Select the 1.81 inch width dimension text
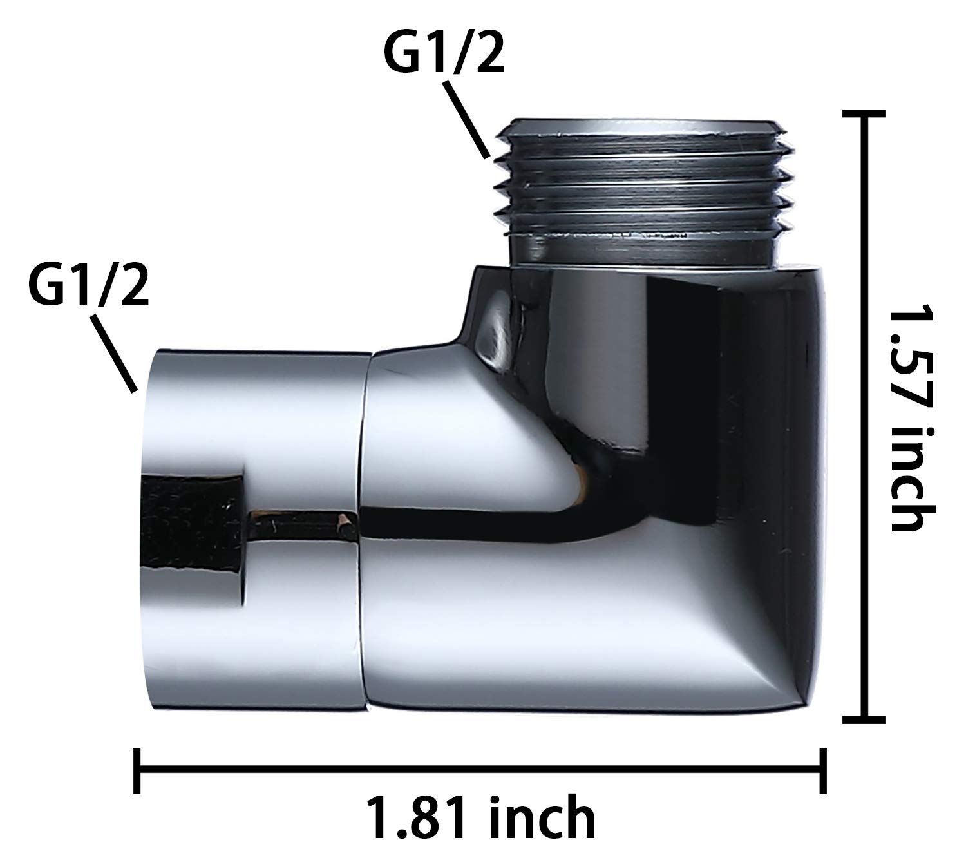click(481, 817)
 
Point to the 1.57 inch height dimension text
click(912, 419)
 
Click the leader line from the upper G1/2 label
click(466, 119)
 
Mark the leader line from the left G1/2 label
click(113, 353)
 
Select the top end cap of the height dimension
click(864, 113)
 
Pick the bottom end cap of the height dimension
click(864, 720)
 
